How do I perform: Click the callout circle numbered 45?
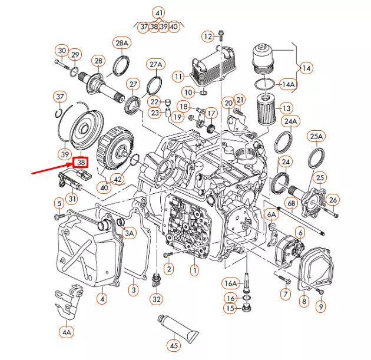pyautogui.click(x=174, y=346)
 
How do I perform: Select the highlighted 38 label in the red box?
pyautogui.click(x=80, y=161)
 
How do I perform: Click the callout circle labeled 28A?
pyautogui.click(x=121, y=43)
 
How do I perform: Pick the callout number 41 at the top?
pyautogui.click(x=158, y=13)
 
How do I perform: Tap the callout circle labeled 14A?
pyautogui.click(x=288, y=84)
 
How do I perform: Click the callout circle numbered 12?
pyautogui.click(x=208, y=37)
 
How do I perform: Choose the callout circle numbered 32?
pyautogui.click(x=156, y=299)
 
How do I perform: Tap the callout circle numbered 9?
pyautogui.click(x=320, y=306)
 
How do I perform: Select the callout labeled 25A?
pyautogui.click(x=316, y=137)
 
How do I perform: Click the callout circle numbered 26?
pyautogui.click(x=333, y=200)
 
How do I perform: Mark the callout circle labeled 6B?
pyautogui.click(x=291, y=203)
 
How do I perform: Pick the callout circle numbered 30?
pyautogui.click(x=62, y=50)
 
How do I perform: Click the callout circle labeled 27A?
pyautogui.click(x=155, y=64)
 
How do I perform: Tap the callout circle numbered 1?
pyautogui.click(x=194, y=270)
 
